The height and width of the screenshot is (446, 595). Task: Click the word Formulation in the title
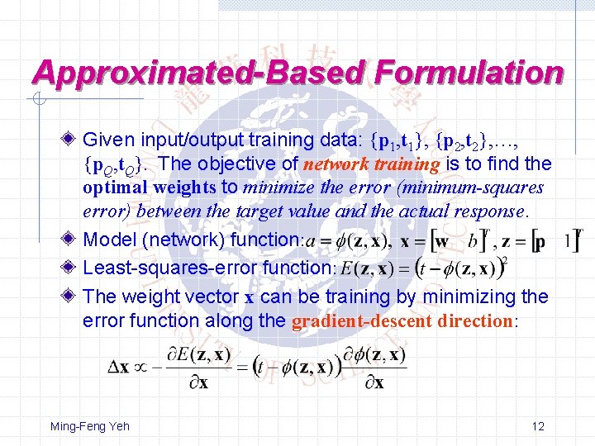469,74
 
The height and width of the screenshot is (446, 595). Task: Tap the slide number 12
538,426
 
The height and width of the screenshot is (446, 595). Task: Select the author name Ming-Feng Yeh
89,426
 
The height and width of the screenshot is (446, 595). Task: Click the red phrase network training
371,164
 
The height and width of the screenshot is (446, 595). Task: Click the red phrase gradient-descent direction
402,320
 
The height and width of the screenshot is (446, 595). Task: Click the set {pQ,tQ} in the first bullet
117,165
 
